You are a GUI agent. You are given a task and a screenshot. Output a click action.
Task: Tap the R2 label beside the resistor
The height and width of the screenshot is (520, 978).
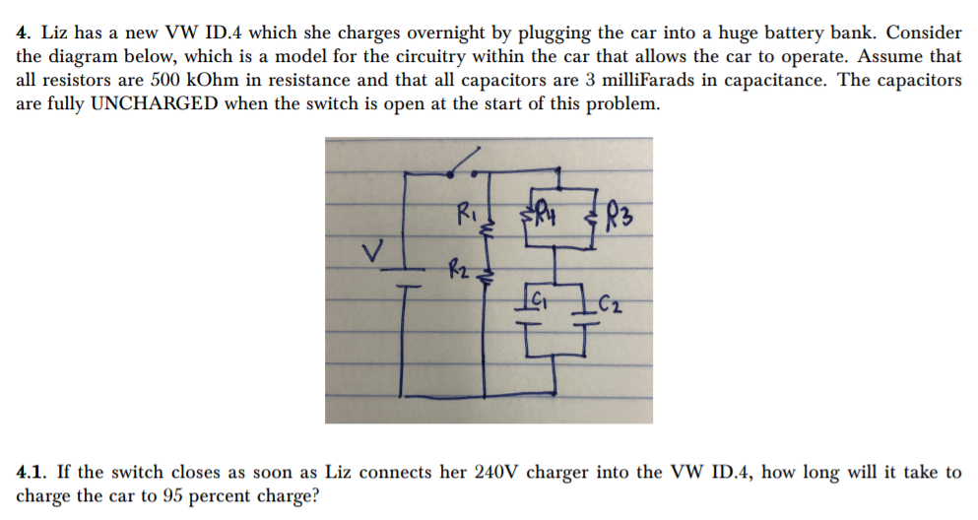457,265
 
